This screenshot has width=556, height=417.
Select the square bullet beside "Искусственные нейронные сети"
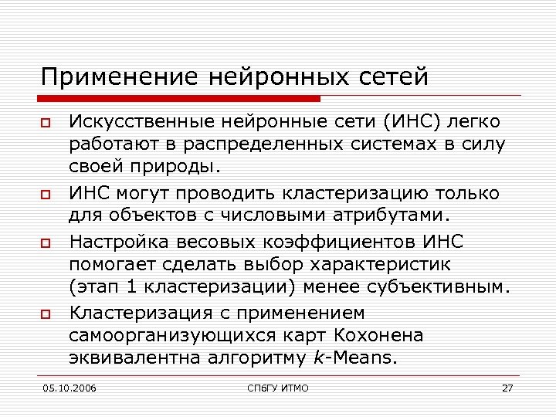click(46, 124)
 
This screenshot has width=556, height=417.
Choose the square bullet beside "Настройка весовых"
click(46, 244)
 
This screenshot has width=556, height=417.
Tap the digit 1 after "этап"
click(127, 288)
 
